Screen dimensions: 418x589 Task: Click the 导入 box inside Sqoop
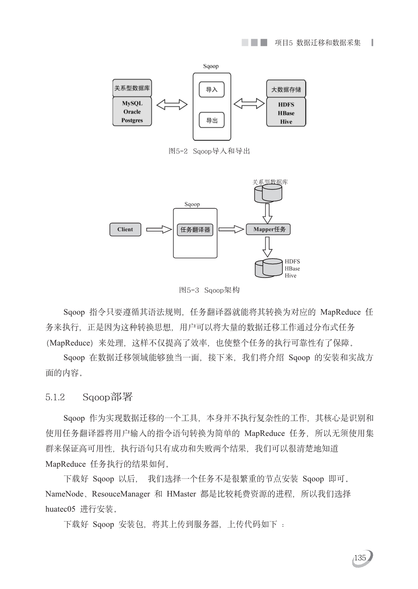[212, 89]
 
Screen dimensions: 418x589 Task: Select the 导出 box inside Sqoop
[212, 120]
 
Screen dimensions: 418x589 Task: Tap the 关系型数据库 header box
[132, 88]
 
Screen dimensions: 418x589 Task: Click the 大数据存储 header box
[286, 89]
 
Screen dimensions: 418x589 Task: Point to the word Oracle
[132, 112]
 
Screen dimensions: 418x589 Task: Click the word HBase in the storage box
[286, 113]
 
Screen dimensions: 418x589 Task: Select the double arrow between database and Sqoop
[172, 105]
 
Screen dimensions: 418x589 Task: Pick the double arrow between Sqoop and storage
[249, 104]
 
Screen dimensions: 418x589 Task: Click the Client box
[125, 230]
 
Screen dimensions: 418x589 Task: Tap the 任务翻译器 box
[195, 230]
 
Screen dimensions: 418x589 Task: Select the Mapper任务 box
[268, 229]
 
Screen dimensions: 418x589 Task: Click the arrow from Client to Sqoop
[159, 230]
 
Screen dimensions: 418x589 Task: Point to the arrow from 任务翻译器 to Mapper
[231, 229]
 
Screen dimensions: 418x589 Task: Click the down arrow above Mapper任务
[268, 213]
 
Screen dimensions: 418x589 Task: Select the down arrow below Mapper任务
[268, 247]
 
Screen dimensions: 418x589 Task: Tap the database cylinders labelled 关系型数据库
[268, 193]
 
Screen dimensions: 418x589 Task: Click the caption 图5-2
[178, 151]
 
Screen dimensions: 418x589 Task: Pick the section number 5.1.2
[55, 397]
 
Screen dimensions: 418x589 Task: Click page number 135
[360, 558]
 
